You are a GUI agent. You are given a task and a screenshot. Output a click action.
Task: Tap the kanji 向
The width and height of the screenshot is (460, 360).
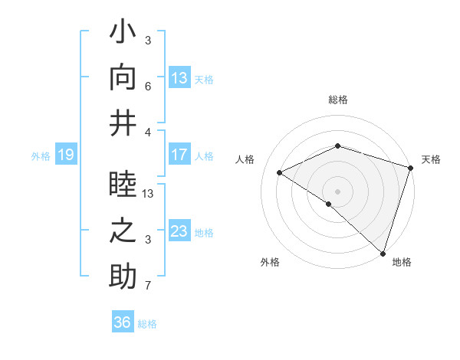point(123,77)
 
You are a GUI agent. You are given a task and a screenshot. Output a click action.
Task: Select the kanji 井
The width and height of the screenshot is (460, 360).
point(123,122)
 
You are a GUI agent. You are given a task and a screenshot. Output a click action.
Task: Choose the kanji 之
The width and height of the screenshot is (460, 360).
point(123,231)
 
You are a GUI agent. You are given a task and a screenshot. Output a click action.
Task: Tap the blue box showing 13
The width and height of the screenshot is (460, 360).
point(179,77)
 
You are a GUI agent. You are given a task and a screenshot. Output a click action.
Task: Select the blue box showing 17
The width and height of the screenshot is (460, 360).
point(179,155)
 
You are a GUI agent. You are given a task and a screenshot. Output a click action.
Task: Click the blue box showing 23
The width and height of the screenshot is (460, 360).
point(179,231)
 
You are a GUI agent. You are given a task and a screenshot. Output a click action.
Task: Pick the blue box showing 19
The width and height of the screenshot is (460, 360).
point(66,155)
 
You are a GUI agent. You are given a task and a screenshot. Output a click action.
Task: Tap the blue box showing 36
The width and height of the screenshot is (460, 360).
point(123,322)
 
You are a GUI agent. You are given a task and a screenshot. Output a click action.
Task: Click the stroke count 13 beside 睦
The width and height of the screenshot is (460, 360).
point(149,194)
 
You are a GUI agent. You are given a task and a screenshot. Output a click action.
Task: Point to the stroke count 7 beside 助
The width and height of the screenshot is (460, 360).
point(148,286)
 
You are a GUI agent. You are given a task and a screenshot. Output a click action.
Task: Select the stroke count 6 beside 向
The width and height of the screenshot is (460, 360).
point(148,87)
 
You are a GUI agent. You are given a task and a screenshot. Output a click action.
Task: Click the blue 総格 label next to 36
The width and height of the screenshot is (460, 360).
point(147,324)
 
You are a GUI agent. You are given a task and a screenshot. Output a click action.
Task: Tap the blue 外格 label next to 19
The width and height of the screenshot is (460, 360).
point(41,156)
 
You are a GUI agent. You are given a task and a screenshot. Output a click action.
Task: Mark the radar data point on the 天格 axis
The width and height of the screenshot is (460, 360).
point(410,169)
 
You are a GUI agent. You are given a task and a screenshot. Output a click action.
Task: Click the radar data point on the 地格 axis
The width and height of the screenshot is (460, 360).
point(382,252)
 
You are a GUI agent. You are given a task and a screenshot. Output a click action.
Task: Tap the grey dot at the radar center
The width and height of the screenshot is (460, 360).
point(337,191)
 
